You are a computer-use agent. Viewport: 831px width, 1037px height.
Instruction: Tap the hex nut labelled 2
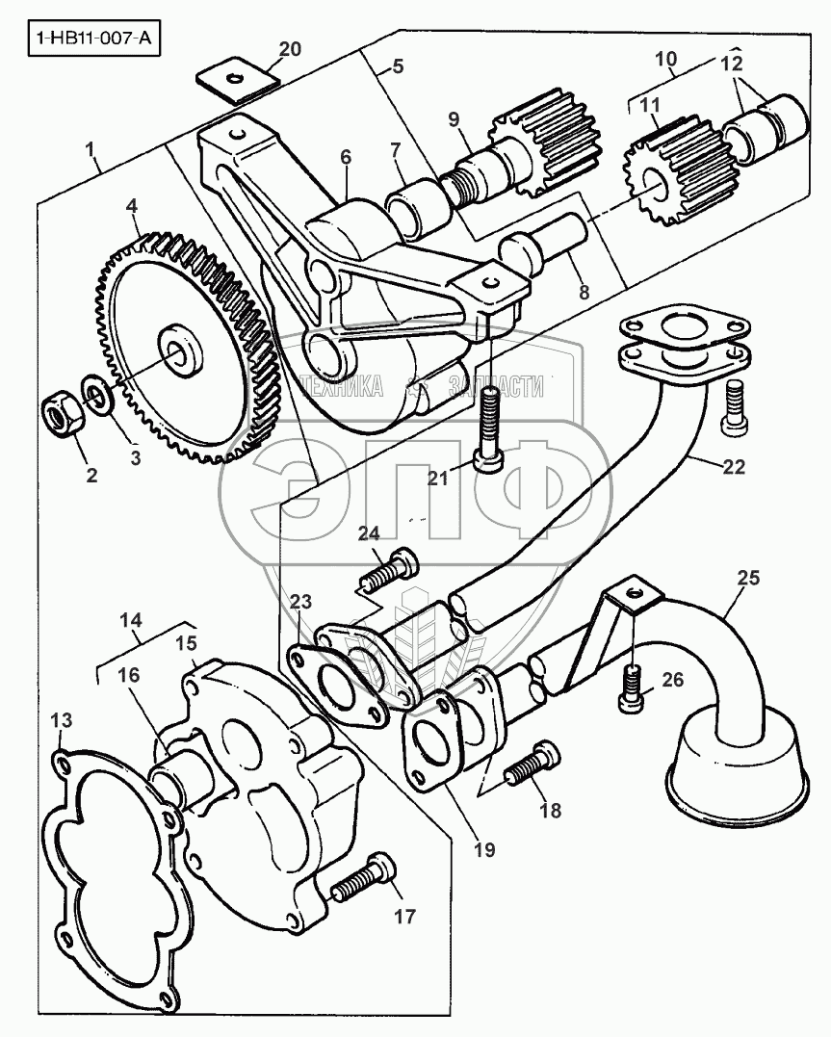tap(62, 412)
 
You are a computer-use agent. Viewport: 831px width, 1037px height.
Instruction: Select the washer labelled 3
tap(96, 393)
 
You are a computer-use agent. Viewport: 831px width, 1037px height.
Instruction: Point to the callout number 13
tap(61, 719)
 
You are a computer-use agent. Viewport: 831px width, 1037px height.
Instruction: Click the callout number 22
tap(733, 466)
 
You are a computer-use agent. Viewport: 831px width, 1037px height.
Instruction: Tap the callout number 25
tap(747, 578)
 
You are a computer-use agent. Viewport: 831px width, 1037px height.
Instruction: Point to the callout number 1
tap(91, 151)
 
